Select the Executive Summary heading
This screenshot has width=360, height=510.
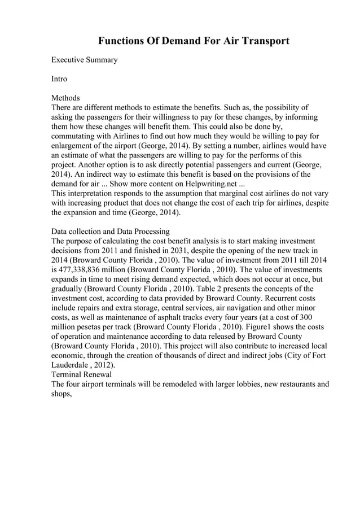pyautogui.click(x=84, y=60)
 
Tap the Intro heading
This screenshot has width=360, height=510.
pyautogui.click(x=59, y=79)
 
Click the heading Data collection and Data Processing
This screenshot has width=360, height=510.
pyautogui.click(x=110, y=231)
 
